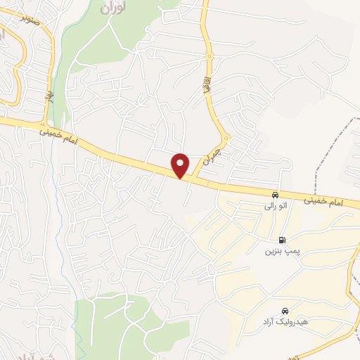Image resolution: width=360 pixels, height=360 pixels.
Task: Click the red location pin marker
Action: click(181, 165)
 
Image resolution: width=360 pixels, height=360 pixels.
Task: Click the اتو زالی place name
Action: click(274, 207)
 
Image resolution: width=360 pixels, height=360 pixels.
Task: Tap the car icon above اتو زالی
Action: click(275, 195)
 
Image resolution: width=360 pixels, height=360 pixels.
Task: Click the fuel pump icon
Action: click(282, 239)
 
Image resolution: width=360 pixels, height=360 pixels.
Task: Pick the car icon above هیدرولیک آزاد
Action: click(285, 311)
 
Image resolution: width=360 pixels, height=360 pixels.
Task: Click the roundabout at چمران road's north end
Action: click(225, 137)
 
